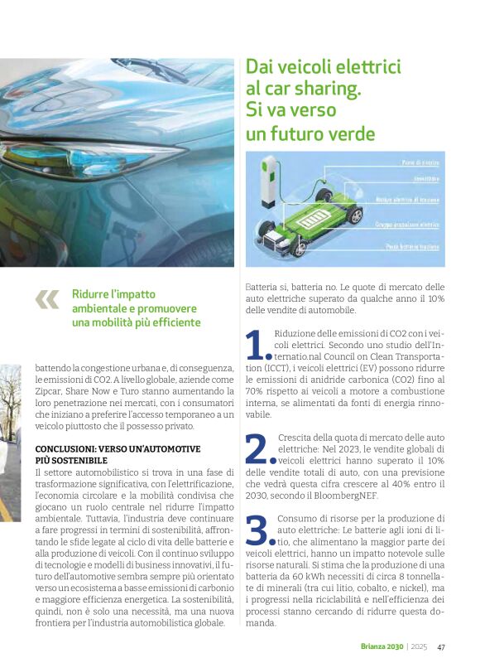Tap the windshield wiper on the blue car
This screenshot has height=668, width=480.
(x=161, y=70)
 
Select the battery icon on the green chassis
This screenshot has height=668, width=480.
(x=319, y=222)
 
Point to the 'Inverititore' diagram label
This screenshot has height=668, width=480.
(x=426, y=178)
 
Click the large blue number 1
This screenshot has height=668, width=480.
(x=257, y=346)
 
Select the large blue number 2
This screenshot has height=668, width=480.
(x=259, y=448)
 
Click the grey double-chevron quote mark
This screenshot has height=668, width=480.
(x=47, y=299)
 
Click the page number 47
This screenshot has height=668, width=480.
(x=441, y=647)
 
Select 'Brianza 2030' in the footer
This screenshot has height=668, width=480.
(x=381, y=647)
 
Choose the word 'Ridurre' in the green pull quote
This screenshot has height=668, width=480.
(x=91, y=293)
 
